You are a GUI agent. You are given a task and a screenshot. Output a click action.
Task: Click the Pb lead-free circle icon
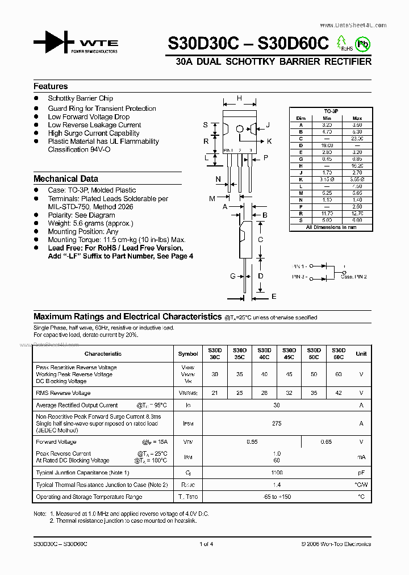[361, 43]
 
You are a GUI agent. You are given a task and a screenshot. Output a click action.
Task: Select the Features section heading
[51, 86]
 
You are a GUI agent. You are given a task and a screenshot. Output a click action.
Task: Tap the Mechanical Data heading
[65, 178]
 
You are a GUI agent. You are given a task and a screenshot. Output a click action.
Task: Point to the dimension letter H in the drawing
[239, 98]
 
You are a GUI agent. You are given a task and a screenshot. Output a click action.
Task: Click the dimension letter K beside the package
[269, 141]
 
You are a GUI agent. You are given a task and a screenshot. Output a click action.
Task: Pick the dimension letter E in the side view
[273, 297]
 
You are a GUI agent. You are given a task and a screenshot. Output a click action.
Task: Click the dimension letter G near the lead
[232, 276]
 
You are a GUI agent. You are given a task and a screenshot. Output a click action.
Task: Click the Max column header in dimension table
[357, 118]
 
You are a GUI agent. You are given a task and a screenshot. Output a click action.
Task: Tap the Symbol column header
[188, 353]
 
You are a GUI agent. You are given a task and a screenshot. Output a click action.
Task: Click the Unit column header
[361, 353]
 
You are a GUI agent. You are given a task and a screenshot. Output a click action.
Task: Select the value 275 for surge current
[277, 423]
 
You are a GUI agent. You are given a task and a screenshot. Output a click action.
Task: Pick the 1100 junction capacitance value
[277, 473]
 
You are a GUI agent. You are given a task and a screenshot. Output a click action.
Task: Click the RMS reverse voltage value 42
[339, 393]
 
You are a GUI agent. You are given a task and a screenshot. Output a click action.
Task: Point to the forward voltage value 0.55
[252, 442]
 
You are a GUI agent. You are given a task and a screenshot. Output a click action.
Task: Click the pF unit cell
[361, 473]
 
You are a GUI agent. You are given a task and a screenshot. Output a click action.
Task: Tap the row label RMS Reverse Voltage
[63, 393]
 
